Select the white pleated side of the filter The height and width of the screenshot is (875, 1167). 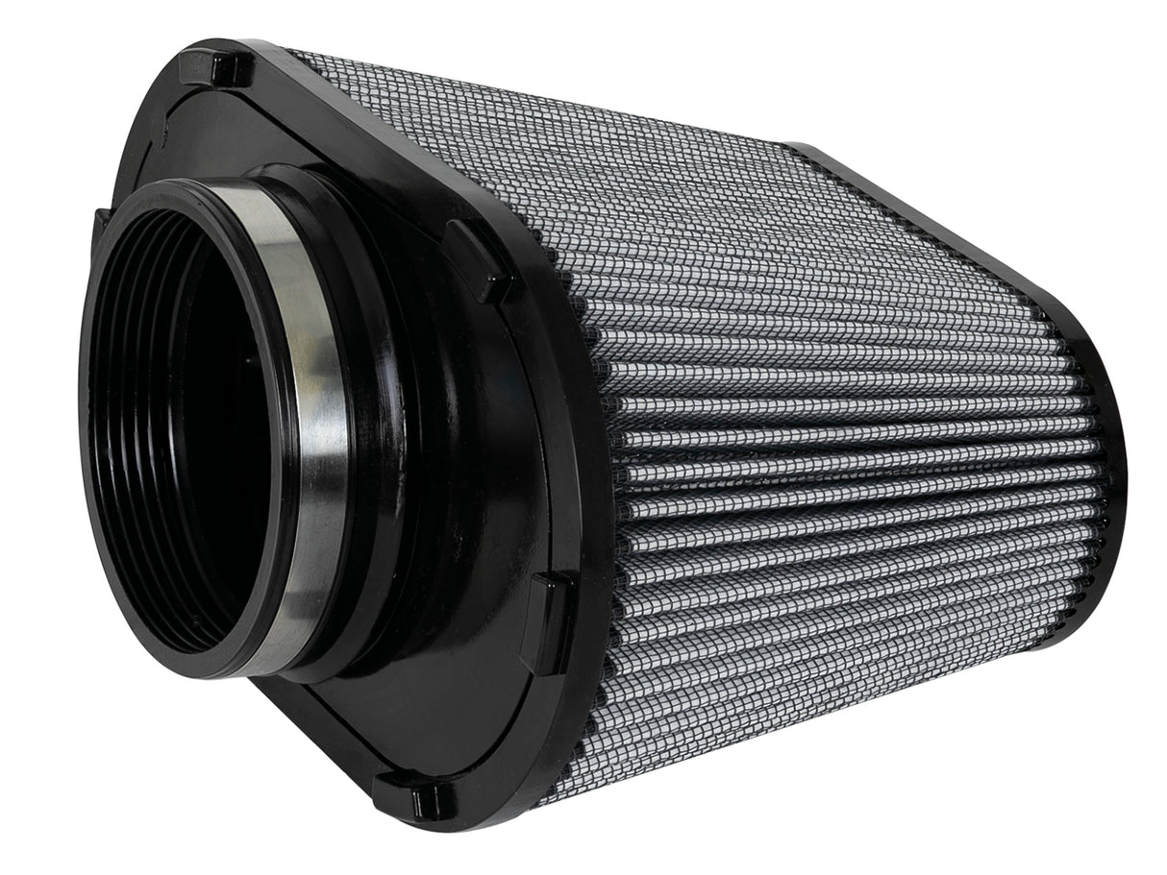[x=846, y=461]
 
